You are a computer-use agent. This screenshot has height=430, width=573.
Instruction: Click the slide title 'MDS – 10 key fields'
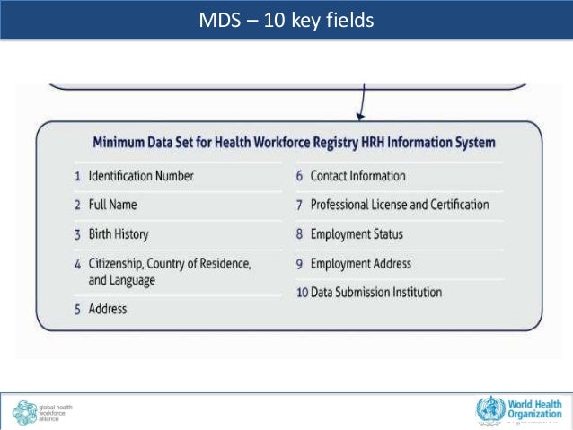[x=286, y=19]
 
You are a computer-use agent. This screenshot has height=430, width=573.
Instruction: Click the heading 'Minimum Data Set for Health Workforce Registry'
[x=294, y=143]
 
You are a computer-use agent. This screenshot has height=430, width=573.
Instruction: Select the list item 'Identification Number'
[x=140, y=176]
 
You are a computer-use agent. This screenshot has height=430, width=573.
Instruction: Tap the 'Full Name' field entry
[x=112, y=205]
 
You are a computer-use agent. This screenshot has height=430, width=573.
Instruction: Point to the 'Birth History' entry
[x=118, y=234]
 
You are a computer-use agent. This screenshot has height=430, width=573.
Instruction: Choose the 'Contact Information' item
[x=357, y=176]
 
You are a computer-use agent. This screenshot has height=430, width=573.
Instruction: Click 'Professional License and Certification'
[x=400, y=205]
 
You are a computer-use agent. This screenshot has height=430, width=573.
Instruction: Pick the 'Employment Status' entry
[x=357, y=234]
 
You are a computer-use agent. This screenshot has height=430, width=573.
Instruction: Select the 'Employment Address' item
[x=360, y=264]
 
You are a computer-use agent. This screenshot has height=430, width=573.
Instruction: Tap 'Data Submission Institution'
[x=376, y=293]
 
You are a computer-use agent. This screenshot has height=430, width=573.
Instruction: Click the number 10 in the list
[x=302, y=293]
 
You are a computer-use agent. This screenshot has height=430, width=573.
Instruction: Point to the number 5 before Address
[x=77, y=309]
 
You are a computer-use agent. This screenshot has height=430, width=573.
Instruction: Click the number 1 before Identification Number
[x=77, y=176]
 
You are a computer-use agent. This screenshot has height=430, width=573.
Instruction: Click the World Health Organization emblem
[x=490, y=410]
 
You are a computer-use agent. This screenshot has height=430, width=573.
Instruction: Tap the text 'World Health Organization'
[x=537, y=410]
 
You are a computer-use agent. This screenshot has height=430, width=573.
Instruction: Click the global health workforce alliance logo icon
[x=24, y=412]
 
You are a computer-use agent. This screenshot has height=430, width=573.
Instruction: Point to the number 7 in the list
[x=300, y=205]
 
